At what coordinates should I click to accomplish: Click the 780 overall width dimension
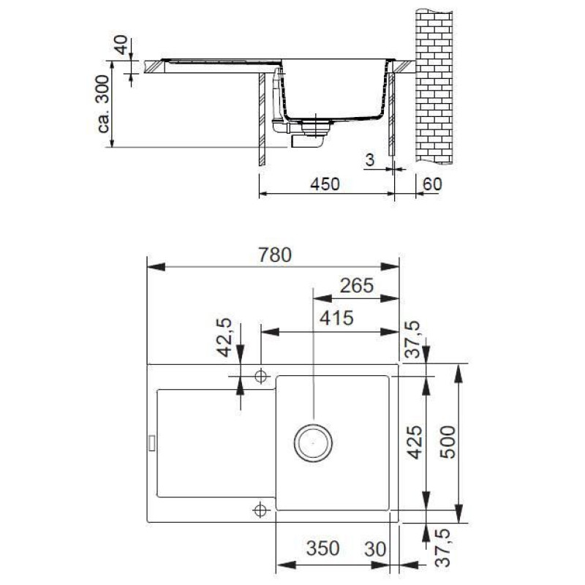(275, 254)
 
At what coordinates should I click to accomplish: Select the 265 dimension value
(357, 286)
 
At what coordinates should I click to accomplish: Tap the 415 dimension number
(336, 318)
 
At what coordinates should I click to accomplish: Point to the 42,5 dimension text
(224, 338)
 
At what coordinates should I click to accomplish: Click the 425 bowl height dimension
(415, 442)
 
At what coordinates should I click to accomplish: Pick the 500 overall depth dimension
(448, 442)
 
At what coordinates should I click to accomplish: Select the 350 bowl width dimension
(322, 548)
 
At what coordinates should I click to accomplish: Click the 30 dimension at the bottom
(375, 549)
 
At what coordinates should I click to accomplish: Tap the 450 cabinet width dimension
(325, 184)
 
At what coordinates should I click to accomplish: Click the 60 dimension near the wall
(432, 184)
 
